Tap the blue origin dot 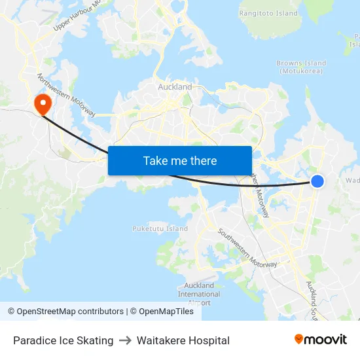point(317,181)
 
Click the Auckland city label point(175,86)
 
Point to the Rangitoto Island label point(268,12)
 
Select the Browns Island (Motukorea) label point(301,67)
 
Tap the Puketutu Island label point(160,229)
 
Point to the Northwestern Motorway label point(66,96)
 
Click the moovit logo point(321,340)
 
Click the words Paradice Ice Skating point(63,340)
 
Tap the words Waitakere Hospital point(183,340)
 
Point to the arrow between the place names point(125,340)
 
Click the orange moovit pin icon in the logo point(299,339)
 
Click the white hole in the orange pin point(43,101)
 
